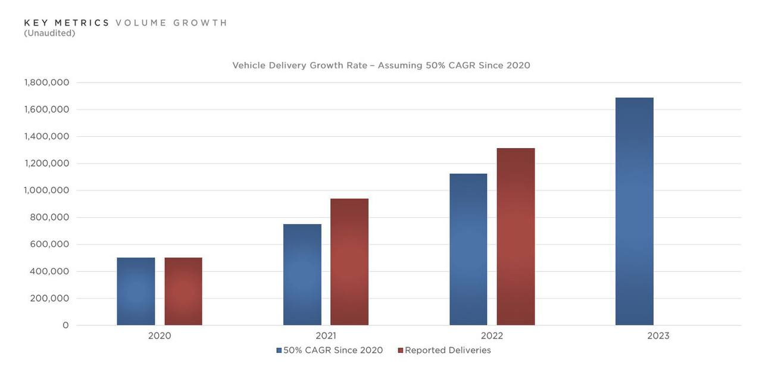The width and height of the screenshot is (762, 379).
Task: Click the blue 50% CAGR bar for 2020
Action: [136, 292]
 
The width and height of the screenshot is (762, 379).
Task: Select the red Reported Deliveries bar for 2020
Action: [183, 292]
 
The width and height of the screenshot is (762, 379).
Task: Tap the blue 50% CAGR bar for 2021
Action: [302, 275]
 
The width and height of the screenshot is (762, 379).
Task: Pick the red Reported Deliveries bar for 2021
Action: [349, 262]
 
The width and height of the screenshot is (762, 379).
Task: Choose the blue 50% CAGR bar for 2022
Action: [468, 249]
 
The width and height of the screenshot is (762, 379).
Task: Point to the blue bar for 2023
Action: [634, 211]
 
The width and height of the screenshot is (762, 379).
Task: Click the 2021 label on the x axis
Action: [326, 336]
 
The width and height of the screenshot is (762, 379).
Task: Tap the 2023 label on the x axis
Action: [658, 336]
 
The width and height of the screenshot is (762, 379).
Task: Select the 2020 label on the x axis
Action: [160, 336]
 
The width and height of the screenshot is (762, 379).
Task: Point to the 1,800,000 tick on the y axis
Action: [46, 82]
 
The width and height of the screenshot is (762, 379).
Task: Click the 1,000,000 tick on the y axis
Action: [46, 190]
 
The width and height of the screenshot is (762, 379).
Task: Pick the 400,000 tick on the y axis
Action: [49, 271]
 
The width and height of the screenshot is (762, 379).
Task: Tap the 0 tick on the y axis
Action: [65, 325]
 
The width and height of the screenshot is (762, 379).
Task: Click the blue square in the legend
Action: [279, 350]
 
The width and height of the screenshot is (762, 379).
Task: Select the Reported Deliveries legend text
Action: [448, 350]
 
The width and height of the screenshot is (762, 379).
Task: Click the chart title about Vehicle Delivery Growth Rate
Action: [381, 65]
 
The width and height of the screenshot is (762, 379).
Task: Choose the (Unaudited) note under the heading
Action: [49, 33]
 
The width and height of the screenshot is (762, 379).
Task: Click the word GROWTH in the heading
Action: [201, 23]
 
